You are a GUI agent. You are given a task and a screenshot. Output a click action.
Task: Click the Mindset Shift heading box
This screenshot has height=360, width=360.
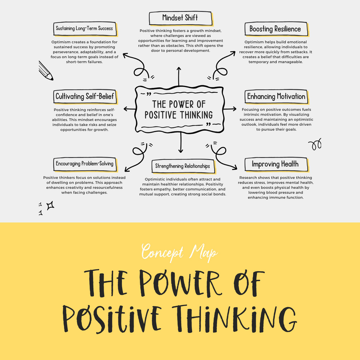(x=180, y=18)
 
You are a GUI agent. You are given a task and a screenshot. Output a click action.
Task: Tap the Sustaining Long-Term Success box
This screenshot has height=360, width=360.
(x=85, y=29)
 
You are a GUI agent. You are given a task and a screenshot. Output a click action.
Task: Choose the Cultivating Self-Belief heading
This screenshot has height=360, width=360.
(x=85, y=97)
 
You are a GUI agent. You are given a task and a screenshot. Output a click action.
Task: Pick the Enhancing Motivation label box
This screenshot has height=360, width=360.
(x=276, y=97)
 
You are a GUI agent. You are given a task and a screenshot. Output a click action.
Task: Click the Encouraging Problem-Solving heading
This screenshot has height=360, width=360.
(x=85, y=164)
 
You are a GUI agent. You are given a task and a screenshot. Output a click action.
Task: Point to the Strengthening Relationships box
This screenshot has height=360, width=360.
(x=182, y=166)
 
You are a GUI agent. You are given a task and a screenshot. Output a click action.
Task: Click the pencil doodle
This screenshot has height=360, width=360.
(x=45, y=70)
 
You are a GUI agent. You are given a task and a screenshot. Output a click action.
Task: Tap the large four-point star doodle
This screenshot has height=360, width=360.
(x=51, y=205)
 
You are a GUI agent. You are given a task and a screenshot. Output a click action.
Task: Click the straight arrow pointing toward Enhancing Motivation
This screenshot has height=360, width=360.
(x=230, y=109)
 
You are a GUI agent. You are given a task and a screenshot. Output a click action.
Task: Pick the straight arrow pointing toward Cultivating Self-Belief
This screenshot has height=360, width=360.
(x=130, y=109)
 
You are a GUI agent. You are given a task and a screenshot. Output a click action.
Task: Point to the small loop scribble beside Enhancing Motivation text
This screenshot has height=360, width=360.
(x=315, y=144)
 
